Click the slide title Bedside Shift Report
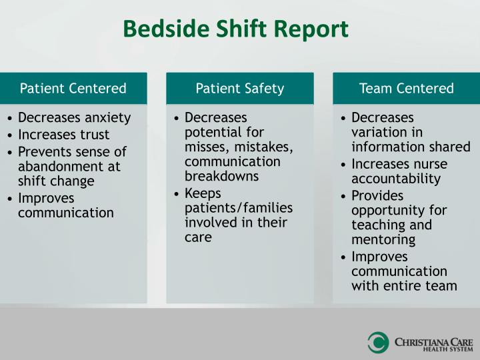coord(236,29)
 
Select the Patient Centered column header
coord(73,88)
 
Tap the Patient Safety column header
coord(240,88)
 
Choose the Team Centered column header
coord(406,88)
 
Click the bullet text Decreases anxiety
coord(74,118)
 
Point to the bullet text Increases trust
coord(63,135)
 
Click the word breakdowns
coord(221,177)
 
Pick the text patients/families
coord(238,207)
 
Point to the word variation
coord(379,132)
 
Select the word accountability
coord(396,179)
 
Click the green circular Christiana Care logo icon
coord(378,342)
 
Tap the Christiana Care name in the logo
coord(431,339)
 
